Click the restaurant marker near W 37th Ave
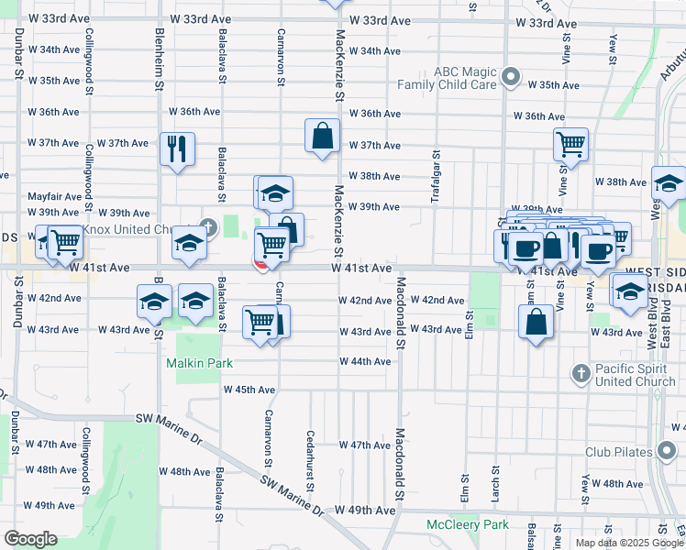tap(177, 148)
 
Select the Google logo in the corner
tap(29, 539)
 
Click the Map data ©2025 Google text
tap(628, 543)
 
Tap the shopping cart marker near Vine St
tap(570, 143)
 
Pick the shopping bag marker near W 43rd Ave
tap(536, 322)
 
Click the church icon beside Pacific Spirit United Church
tap(580, 373)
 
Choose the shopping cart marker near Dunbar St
tap(65, 242)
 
